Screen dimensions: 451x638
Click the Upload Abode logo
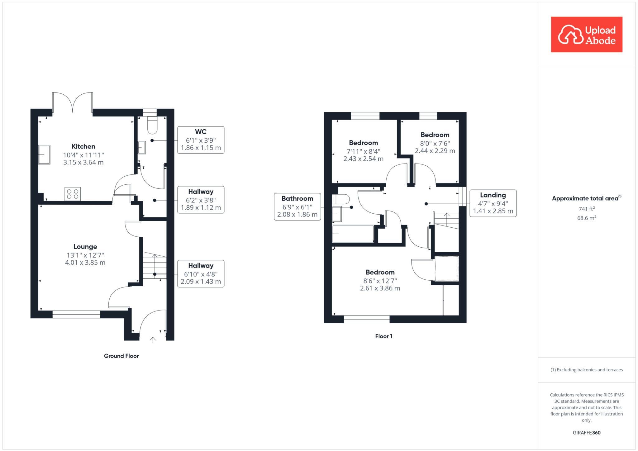coord(586,35)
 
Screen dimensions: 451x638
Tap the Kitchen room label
coord(83,146)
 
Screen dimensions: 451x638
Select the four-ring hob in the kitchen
coord(73,193)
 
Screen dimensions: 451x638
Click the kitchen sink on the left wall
coord(44,154)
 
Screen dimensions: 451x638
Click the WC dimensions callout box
coord(201,140)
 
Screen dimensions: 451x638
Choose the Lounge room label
coord(85,247)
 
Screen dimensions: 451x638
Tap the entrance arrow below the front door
coord(153,339)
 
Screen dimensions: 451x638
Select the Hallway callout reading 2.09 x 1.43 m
coord(201,274)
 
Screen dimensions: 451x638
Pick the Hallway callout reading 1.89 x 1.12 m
coord(201,200)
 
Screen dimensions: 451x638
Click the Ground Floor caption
coord(121,356)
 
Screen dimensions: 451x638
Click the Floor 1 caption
coord(383,336)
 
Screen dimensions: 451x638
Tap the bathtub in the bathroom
coord(353,234)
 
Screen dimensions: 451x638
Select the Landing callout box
coord(493,203)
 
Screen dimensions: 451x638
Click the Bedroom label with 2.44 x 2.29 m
coord(435,135)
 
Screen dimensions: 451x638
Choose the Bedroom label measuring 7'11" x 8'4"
coord(363,143)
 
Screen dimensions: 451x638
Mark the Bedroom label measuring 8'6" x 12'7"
coord(380,272)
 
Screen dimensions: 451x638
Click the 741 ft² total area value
coord(586,209)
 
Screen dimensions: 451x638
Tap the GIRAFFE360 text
coord(586,433)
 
